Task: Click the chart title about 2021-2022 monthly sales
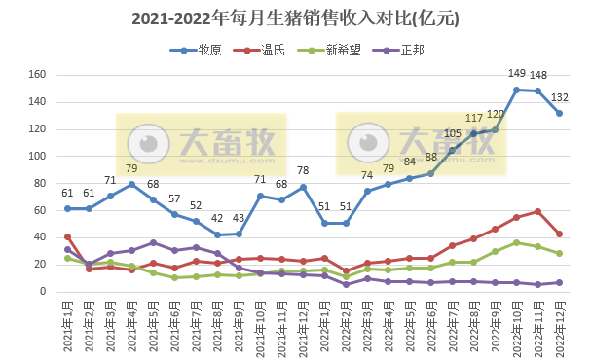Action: click(x=295, y=18)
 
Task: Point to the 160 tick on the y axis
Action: click(x=38, y=75)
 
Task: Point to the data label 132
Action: click(x=561, y=96)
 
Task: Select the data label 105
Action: click(x=452, y=133)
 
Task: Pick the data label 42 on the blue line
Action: click(x=218, y=218)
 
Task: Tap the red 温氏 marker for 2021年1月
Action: click(x=67, y=236)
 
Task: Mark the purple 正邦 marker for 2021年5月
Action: click(x=153, y=242)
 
